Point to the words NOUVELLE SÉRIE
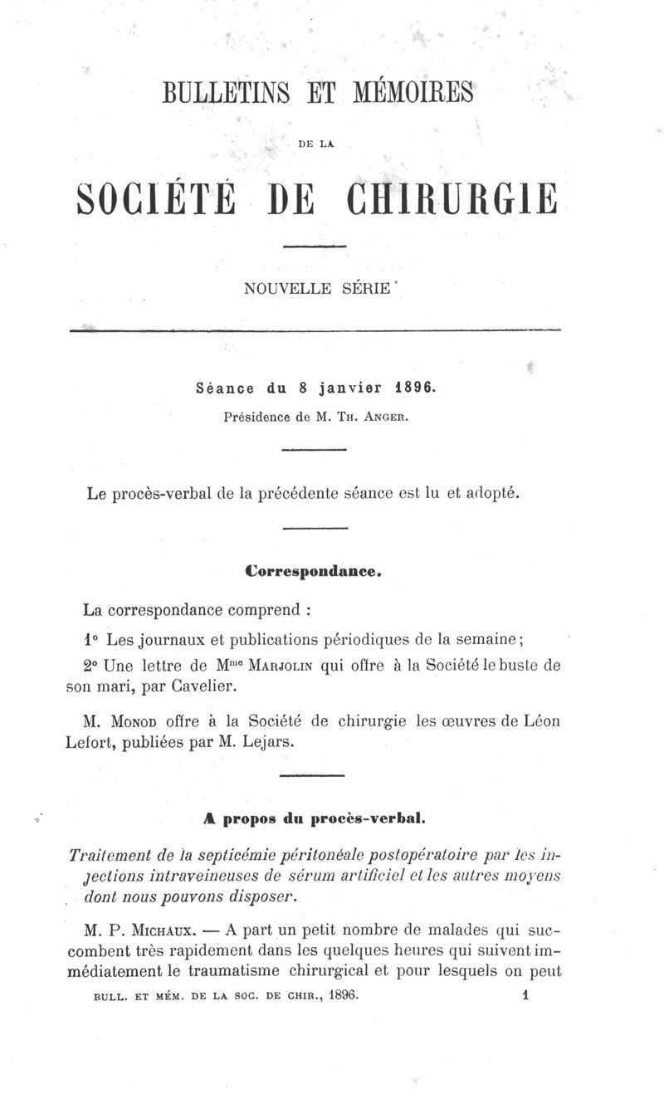(x=316, y=289)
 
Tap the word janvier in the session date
(x=347, y=388)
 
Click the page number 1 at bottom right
(x=526, y=993)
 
